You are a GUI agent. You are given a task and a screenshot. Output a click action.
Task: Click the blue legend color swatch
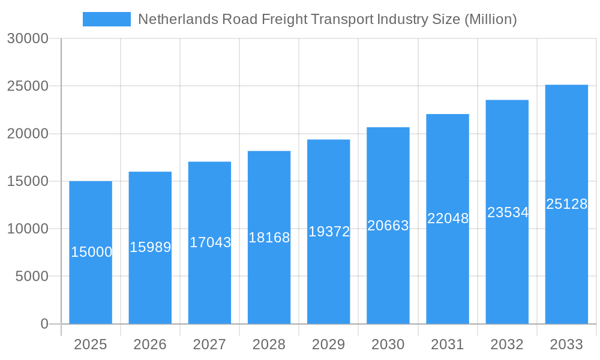point(106,19)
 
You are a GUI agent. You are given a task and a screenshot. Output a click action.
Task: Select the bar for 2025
point(91,282)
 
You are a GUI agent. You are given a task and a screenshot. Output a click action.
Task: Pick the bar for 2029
point(328,276)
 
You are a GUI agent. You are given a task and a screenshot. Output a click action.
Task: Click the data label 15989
point(150,247)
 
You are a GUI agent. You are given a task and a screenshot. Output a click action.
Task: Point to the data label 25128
point(566,204)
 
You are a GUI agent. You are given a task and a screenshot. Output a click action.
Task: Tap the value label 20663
point(388,226)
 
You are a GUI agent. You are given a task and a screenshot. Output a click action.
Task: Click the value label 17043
point(210,242)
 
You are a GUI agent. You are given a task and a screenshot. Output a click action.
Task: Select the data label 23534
point(508,212)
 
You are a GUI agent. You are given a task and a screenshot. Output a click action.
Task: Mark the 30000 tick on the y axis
point(28,38)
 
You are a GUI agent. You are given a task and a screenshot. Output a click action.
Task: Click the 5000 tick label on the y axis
point(32,277)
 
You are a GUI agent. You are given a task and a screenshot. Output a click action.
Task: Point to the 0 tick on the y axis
point(44,324)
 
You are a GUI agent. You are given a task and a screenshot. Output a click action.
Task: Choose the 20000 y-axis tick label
point(28,134)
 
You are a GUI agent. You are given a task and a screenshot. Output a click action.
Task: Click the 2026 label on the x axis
point(150,344)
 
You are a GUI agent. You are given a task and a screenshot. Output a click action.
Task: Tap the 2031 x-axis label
point(448,344)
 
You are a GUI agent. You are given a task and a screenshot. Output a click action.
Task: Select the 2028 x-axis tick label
point(269,344)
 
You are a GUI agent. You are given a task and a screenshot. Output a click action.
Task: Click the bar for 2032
point(507,270)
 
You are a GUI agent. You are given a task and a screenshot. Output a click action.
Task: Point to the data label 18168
point(269,238)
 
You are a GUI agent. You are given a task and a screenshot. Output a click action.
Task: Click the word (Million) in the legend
point(490,19)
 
